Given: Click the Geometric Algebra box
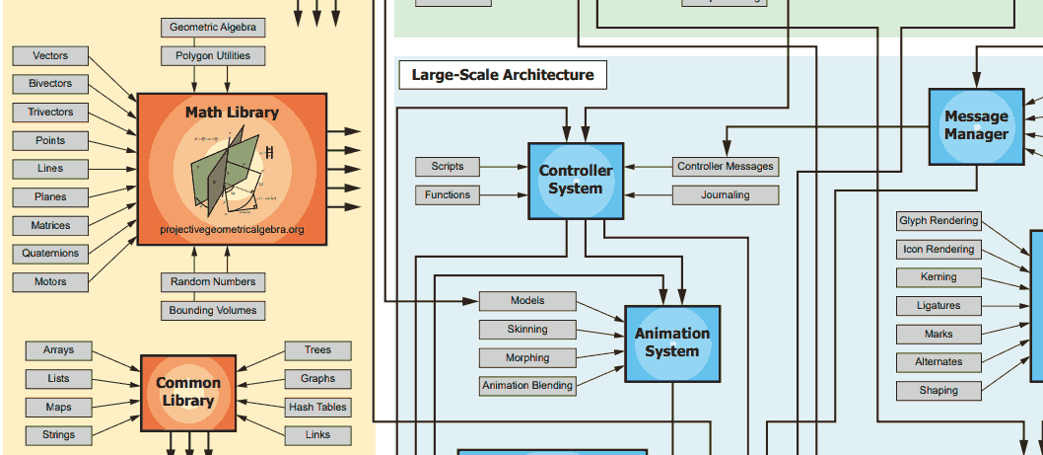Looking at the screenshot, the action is tap(213, 28).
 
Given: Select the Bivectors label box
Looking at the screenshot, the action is tap(50, 84).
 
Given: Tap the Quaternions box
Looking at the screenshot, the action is tap(50, 253).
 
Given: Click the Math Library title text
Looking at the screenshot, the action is tap(232, 112).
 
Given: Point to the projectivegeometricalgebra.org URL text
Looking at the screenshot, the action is tap(232, 229).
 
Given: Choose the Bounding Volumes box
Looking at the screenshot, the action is tap(213, 311).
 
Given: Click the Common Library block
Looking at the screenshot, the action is tap(188, 393).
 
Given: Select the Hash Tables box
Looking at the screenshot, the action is tap(318, 407).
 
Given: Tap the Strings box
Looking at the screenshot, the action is tap(58, 435).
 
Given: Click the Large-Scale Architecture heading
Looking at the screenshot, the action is tap(503, 75).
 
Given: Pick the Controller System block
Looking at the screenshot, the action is tap(576, 180).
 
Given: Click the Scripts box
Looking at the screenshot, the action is tap(447, 167).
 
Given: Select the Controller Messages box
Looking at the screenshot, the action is tap(725, 167).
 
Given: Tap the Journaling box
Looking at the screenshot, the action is tap(725, 195).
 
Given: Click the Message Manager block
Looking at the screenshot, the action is tap(977, 126).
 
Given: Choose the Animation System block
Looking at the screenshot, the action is tap(672, 343).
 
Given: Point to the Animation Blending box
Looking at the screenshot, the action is tap(527, 386).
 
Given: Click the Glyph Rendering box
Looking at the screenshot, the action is tap(939, 221).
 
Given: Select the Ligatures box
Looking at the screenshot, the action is tap(939, 306).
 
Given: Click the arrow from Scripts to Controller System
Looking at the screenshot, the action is tap(504, 167).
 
